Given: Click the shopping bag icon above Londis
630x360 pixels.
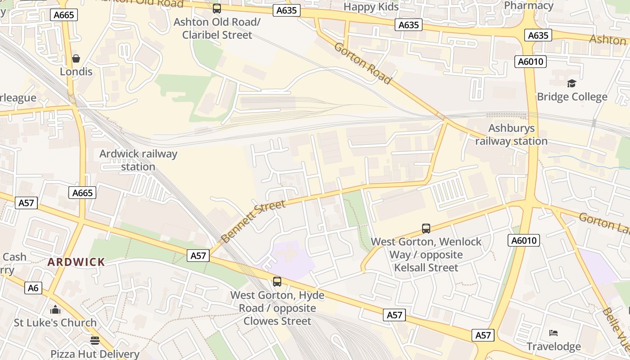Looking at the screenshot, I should [x=76, y=58].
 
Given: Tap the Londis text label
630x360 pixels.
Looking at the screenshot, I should [x=76, y=72].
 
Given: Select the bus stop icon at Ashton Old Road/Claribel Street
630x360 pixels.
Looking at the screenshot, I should [x=217, y=8].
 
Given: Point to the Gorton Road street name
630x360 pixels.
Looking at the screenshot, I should [x=362, y=63].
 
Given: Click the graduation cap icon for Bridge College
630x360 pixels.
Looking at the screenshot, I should [x=571, y=83].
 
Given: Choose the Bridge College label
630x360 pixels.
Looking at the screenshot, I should [x=571, y=97].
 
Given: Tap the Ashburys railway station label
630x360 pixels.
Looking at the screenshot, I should [x=512, y=135].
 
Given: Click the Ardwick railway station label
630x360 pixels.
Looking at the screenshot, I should [x=138, y=160].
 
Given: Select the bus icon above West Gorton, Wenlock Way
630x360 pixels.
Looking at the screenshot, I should [x=426, y=228].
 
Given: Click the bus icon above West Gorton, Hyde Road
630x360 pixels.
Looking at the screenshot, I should [x=277, y=282].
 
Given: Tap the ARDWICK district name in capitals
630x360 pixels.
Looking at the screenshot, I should [x=76, y=262].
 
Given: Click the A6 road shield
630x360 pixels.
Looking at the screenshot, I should [x=33, y=288].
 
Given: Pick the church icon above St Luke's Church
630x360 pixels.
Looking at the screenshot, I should [x=55, y=310].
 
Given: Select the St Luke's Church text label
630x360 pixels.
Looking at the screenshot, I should [x=55, y=323].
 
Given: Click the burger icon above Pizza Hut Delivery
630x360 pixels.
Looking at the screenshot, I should [x=94, y=340].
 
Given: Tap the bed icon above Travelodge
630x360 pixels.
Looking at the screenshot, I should [x=553, y=333].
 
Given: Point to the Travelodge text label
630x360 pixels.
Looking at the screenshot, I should [x=553, y=346].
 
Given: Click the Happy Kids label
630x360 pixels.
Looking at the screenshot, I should [x=371, y=7].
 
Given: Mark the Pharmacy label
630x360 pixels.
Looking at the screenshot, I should [x=529, y=5].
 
